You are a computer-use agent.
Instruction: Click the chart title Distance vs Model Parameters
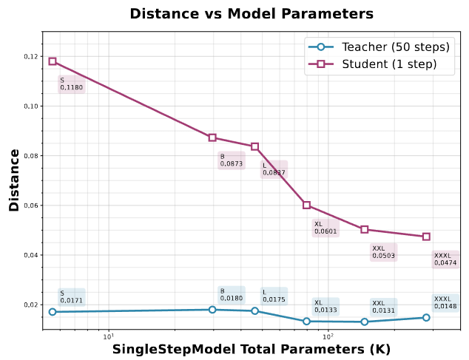click(x=252, y=14)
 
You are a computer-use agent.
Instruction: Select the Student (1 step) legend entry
click(x=378, y=64)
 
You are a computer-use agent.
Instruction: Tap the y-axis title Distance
click(x=14, y=180)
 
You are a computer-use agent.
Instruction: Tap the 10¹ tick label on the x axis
click(x=108, y=337)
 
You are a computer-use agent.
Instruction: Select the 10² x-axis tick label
click(x=327, y=337)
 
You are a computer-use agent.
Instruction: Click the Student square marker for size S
click(x=53, y=61)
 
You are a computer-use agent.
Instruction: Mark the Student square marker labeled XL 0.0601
click(x=306, y=205)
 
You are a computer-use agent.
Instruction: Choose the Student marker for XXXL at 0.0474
click(x=426, y=237)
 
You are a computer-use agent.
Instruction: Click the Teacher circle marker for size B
click(x=212, y=310)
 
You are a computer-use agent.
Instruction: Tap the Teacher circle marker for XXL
click(x=365, y=322)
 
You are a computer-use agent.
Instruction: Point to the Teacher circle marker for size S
click(x=53, y=312)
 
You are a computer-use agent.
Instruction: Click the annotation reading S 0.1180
click(x=71, y=84)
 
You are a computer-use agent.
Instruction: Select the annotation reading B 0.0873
click(x=231, y=160)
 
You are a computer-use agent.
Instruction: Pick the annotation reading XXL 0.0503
click(x=383, y=252)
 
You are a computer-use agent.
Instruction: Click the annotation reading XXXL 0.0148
click(x=445, y=302)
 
